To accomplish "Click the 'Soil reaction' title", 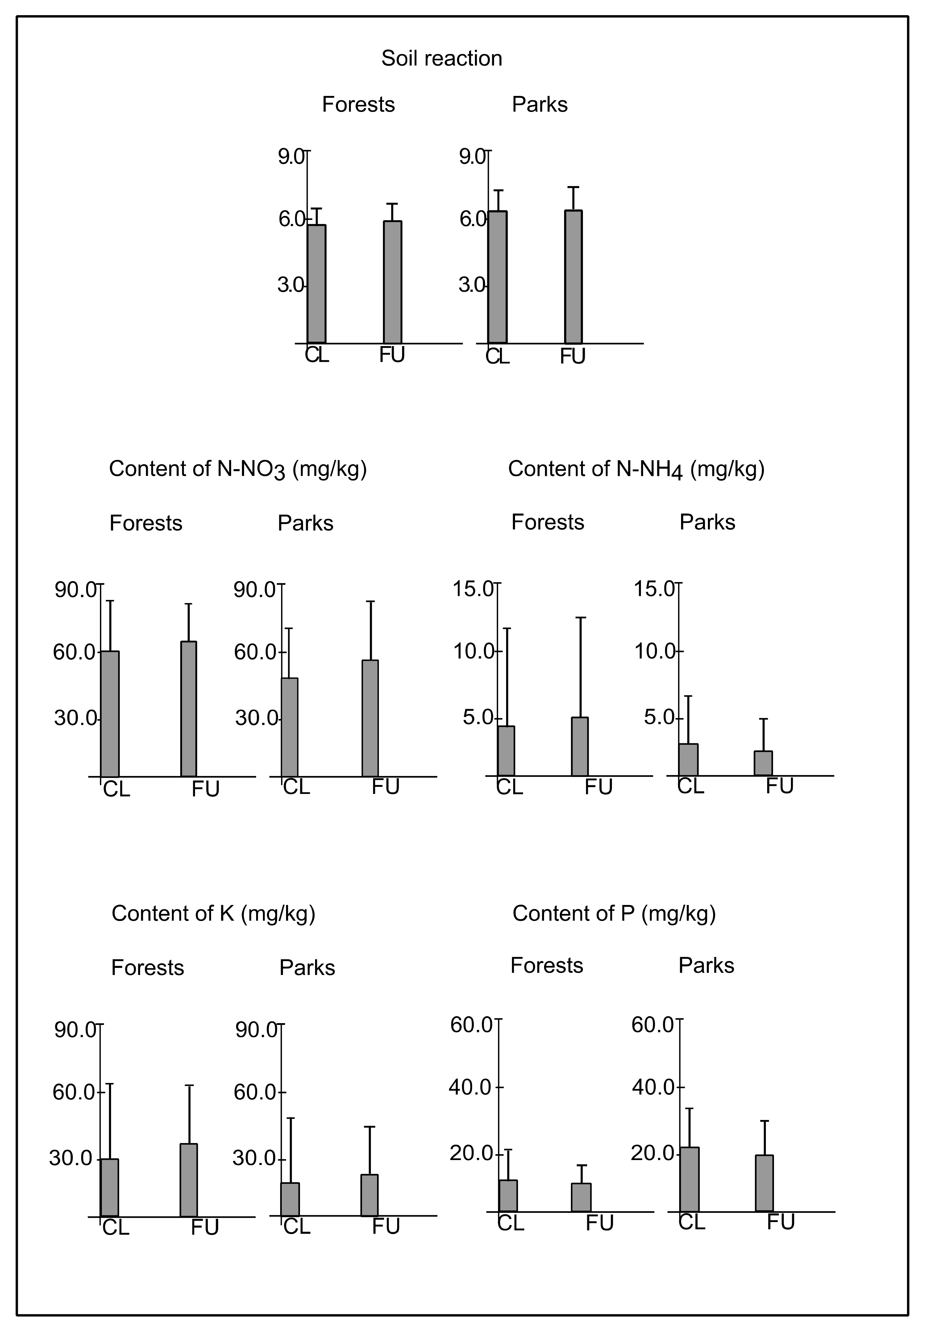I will click(442, 59).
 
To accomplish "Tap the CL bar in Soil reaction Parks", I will click(497, 277).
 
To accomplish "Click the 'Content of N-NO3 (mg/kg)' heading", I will click(238, 469).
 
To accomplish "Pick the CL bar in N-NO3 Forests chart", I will click(110, 714).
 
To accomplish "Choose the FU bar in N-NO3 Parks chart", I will click(370, 718).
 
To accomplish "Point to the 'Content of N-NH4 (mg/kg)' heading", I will click(636, 469).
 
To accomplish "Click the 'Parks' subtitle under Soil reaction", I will click(539, 105).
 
